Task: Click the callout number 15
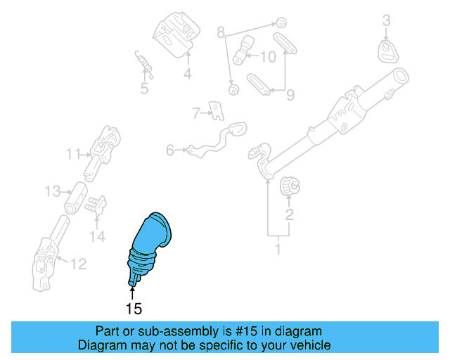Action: pos(134,308)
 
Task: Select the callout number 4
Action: pos(188,73)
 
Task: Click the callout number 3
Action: pos(386,22)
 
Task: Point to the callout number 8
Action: pos(220,32)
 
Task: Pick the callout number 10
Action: pos(268,57)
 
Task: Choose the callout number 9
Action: pos(289,94)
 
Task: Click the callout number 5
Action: pos(144,89)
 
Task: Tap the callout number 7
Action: pos(196,111)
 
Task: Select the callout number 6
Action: pos(169,149)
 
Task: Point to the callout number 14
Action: pos(97,236)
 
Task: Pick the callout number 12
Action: pos(78,264)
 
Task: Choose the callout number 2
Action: pos(288,214)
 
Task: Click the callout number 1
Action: pos(278,249)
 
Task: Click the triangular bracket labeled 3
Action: pos(387,51)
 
